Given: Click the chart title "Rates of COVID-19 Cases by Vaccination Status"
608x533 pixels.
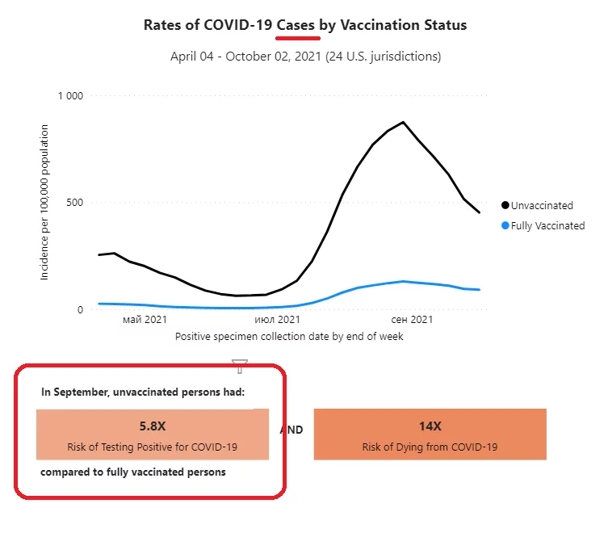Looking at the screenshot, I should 304,25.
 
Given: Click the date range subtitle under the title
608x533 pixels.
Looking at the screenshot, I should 305,57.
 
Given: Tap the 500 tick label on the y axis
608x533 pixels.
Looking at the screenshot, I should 74,203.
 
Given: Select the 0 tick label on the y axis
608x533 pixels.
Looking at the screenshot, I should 79,310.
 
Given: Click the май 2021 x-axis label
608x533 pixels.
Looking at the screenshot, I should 145,320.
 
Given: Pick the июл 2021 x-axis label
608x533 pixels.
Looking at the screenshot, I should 278,320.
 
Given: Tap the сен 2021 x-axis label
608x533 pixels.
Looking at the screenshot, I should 411,320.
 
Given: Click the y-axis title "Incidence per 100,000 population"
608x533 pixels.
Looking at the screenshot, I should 44,202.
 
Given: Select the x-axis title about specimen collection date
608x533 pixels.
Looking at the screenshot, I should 289,336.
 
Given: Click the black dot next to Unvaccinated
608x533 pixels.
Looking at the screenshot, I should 505,206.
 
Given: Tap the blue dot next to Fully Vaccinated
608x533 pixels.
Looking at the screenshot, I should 505,226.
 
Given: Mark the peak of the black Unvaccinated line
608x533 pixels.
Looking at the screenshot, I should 403,123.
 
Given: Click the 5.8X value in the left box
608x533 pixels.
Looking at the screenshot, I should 152,426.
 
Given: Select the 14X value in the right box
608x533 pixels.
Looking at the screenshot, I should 430,426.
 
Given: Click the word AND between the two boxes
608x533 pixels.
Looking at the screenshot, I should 291,430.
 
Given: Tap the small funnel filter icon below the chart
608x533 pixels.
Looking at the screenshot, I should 239,366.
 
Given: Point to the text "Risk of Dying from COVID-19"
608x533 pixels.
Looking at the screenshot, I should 430,447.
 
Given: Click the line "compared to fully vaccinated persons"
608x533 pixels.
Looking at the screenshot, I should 133,472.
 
